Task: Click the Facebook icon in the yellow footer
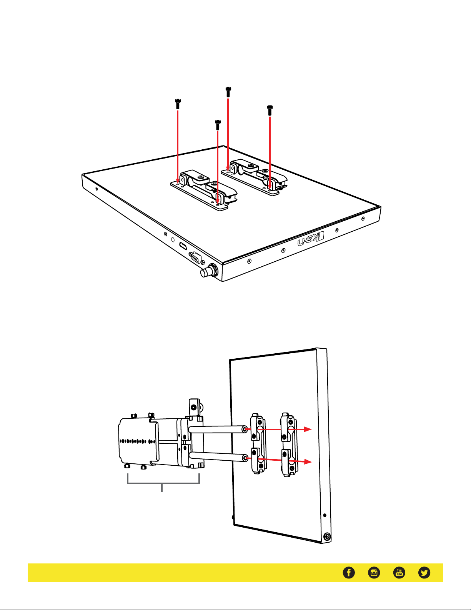pos(349,573)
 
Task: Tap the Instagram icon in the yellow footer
pos(374,573)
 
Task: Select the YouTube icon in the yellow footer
pos(399,573)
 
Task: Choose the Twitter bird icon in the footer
pos(424,573)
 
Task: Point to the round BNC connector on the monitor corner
pos(209,271)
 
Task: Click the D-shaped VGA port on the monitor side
pos(196,257)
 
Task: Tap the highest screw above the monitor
pos(228,92)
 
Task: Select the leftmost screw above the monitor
pos(178,104)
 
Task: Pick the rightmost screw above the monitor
pos(270,110)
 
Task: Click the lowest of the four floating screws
pos(218,125)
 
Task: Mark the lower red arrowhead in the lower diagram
pos(308,462)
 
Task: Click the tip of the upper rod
pos(245,429)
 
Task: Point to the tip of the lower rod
pos(245,458)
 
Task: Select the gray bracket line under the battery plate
pos(163,483)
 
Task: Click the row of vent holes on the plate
pos(138,441)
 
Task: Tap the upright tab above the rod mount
pos(194,407)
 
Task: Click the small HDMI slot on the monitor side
pos(183,246)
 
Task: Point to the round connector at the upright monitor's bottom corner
pos(327,537)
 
